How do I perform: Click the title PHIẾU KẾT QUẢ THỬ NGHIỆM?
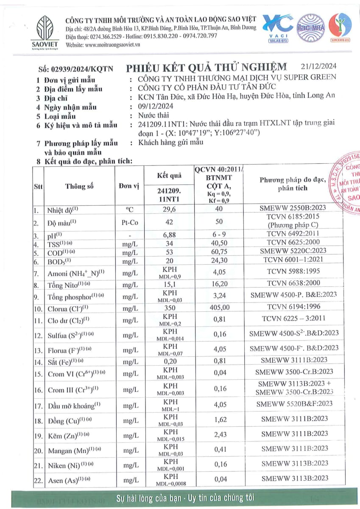tap(207, 67)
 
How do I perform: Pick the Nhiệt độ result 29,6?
tap(169, 210)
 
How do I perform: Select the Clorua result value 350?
tap(169, 306)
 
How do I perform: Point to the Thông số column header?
tap(79, 186)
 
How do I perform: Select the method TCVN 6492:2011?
tap(294, 233)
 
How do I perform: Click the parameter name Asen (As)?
tap(70, 481)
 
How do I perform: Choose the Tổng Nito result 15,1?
tap(169, 283)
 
